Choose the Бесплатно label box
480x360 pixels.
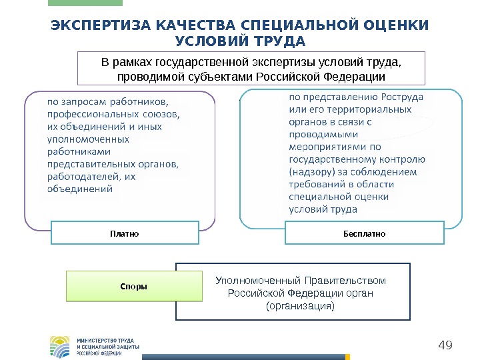(x=364, y=234)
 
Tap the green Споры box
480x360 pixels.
(x=134, y=286)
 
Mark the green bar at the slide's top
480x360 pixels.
(x=85, y=3)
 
